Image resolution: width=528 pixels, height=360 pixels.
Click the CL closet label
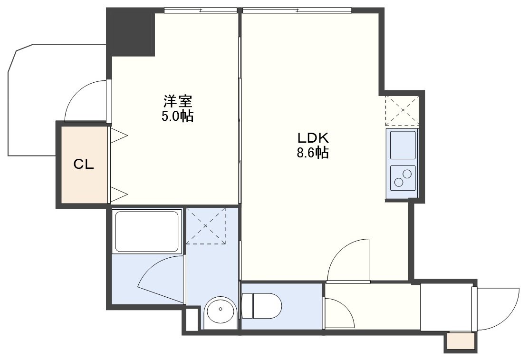[84, 165]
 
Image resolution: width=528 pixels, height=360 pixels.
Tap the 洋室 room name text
[178, 101]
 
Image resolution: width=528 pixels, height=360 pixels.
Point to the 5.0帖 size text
[177, 117]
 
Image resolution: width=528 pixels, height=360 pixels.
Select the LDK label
[313, 138]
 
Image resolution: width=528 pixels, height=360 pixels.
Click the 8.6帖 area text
[313, 153]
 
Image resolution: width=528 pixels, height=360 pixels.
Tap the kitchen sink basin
[403, 145]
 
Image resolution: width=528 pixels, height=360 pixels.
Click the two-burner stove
[403, 178]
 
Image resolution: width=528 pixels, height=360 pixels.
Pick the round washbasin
[221, 310]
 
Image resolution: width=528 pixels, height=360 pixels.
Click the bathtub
[147, 231]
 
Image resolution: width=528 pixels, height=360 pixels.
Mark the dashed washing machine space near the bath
[206, 225]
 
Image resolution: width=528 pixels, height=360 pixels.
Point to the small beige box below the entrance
[461, 341]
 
